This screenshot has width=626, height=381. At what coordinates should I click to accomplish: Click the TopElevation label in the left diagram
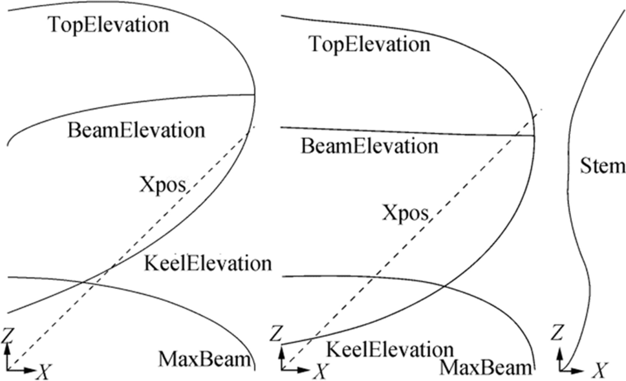[108, 26]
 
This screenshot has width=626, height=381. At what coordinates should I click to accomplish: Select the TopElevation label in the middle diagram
[369, 45]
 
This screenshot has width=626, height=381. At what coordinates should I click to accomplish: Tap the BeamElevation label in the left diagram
[136, 129]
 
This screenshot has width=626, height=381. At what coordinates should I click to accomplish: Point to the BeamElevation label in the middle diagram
[369, 146]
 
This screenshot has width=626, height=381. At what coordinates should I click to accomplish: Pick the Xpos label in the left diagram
[162, 185]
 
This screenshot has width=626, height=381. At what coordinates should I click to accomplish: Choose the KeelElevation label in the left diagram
[206, 264]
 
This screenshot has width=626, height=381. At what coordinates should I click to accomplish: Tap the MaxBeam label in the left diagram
[203, 358]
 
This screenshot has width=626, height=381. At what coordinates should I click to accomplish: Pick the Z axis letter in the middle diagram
[276, 334]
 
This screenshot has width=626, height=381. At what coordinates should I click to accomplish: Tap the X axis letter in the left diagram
[44, 371]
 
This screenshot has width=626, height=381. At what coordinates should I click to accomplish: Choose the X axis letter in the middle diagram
[320, 371]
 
